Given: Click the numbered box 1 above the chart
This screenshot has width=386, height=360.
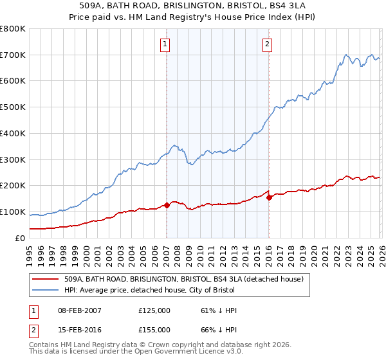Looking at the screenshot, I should point(166,44).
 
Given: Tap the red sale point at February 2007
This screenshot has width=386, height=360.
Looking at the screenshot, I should point(167,205).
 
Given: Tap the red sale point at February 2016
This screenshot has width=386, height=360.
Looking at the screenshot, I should point(269,197).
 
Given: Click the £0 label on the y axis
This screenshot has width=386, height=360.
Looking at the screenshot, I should point(19,238).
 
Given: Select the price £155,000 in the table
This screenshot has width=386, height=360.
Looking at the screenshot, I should point(154,329).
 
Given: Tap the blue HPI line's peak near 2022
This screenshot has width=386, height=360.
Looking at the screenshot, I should point(346,55).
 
